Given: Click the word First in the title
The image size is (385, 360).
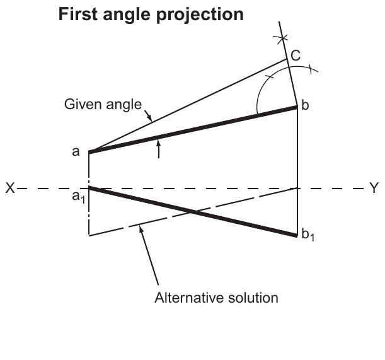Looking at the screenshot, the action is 78,15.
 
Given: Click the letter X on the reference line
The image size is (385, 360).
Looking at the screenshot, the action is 10,189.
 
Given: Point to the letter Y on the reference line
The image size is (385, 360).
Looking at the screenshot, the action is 374,188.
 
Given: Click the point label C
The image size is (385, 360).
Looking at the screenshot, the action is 296,55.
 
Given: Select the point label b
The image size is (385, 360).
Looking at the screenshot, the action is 305,105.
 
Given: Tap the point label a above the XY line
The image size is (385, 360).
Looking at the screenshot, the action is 76,151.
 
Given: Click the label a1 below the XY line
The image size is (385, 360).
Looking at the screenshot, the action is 79,197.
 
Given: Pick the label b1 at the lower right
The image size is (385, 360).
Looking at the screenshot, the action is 307,235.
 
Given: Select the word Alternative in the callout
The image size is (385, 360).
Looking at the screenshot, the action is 188,298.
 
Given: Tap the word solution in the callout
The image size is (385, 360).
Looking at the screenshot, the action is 253,298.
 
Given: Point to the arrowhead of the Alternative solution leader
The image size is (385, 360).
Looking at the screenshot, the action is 141,229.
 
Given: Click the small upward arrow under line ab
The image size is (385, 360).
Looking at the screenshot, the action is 159,148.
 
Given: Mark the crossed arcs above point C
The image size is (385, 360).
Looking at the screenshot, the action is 282,38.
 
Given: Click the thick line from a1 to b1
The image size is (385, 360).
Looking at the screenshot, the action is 193,212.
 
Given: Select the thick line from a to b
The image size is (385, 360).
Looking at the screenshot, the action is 193,130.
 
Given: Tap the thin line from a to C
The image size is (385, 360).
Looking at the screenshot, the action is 188,105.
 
